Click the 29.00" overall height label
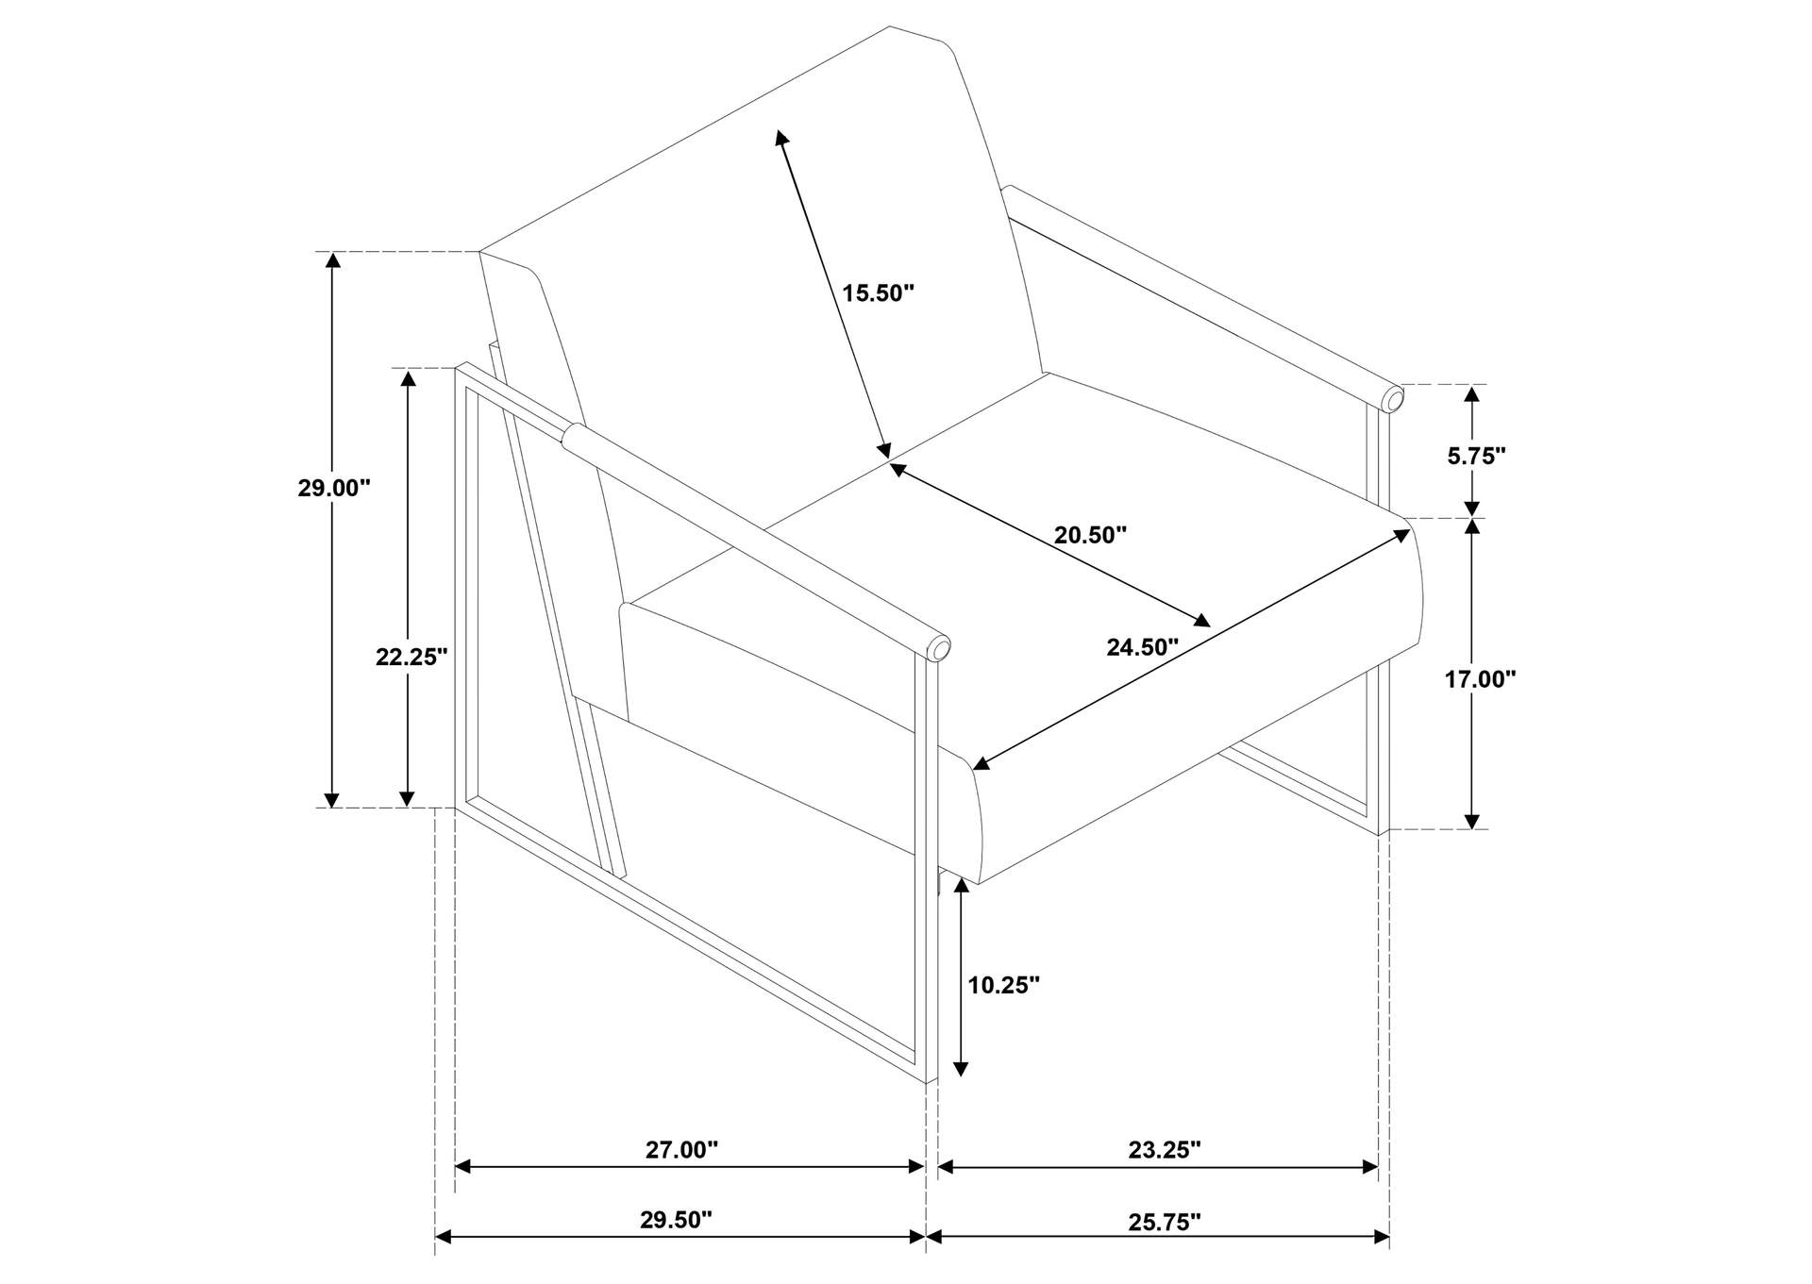click(x=334, y=488)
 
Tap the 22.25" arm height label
click(x=411, y=657)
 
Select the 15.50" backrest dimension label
click(x=879, y=292)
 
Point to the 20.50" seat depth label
click(x=1090, y=535)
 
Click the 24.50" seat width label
click(x=1143, y=647)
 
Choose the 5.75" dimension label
click(x=1476, y=456)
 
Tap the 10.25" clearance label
click(x=1003, y=985)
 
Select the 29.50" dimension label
click(x=676, y=1220)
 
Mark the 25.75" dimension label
click(x=1165, y=1222)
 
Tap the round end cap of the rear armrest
click(x=1393, y=400)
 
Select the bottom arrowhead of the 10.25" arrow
click(x=961, y=1068)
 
